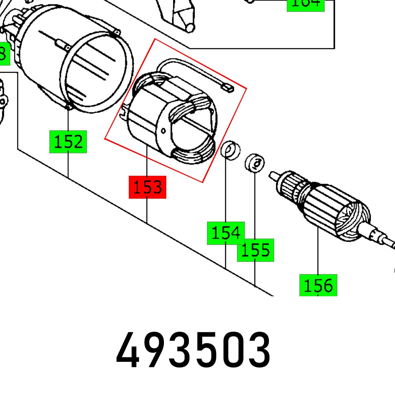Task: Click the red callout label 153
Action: click(x=147, y=187)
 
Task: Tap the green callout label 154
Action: click(x=226, y=233)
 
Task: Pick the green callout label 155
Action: click(x=255, y=250)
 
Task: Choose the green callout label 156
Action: click(x=318, y=285)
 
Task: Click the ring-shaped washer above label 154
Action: click(x=230, y=149)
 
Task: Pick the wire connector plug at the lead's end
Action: click(x=229, y=86)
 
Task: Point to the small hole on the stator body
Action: click(x=163, y=129)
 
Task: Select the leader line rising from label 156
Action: click(x=318, y=253)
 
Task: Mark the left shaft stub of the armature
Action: click(x=275, y=175)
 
